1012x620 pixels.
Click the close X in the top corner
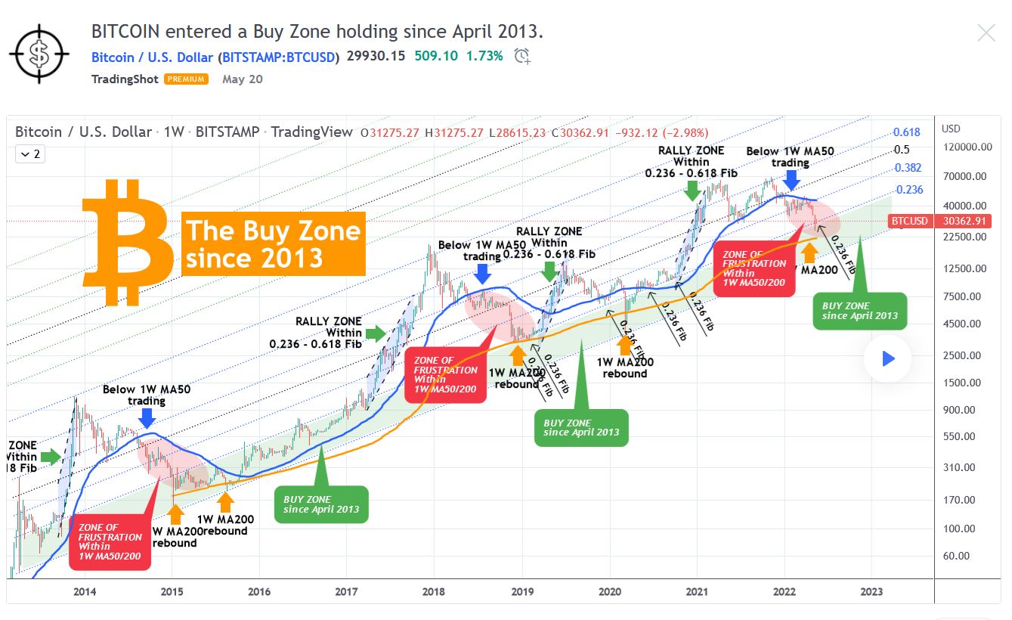pos(986,33)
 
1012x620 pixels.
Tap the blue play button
pos(888,359)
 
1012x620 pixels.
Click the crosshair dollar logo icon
pos(39,52)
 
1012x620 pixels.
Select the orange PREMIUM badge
pos(186,79)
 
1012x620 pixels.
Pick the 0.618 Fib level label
pos(907,132)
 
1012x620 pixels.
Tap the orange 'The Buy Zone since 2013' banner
pos(273,243)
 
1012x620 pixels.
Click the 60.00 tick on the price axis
pos(956,556)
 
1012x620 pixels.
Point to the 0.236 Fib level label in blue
pos(909,190)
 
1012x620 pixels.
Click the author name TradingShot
pos(124,79)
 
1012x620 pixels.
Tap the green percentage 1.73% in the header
pos(484,56)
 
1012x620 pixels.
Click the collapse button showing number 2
pos(30,154)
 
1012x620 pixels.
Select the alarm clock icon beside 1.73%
pos(521,56)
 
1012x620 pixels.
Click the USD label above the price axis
pos(951,129)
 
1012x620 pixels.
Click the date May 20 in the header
pos(243,79)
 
